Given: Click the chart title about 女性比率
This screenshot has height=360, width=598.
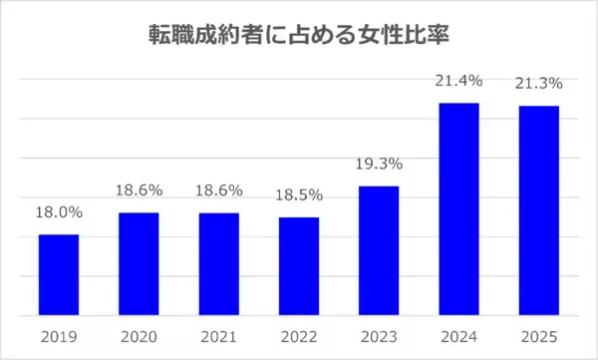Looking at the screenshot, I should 298,36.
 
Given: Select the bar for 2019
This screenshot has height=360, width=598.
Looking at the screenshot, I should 59,275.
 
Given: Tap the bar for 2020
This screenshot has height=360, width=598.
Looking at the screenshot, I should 139,264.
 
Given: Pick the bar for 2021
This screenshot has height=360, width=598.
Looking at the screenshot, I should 218,264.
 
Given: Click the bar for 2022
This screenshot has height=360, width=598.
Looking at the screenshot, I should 299,266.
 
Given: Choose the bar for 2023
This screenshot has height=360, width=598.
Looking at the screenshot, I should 379,251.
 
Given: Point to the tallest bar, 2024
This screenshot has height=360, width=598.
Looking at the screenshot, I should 459,209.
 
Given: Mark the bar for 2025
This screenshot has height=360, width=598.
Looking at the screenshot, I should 539,211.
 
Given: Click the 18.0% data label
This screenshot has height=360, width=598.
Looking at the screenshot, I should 59,211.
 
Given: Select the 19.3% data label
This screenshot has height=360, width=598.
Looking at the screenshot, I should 379,164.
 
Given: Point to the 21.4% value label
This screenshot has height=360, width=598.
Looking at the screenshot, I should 459,81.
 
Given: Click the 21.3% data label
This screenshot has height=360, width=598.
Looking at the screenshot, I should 539,83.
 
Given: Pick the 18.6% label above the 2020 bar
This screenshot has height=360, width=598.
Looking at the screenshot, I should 139,189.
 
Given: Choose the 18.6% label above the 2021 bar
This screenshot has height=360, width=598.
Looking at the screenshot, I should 218,189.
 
